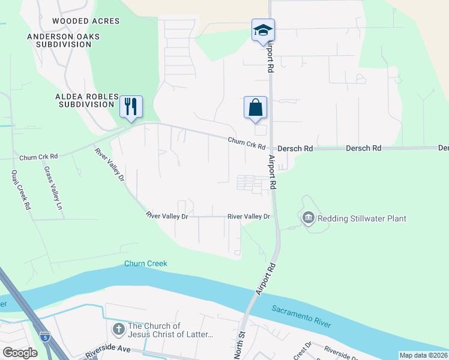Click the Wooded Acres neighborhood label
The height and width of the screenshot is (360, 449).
pyautogui.click(x=86, y=21)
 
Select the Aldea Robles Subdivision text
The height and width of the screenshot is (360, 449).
pyautogui.click(x=85, y=100)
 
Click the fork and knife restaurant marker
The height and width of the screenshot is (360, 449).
pyautogui.click(x=131, y=107)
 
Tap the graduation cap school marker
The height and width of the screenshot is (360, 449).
pyautogui.click(x=263, y=31)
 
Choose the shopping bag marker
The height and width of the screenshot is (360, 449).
pyautogui.click(x=255, y=107)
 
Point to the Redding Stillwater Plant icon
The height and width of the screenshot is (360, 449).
pyautogui.click(x=309, y=218)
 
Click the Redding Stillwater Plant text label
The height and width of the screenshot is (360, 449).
pyautogui.click(x=362, y=218)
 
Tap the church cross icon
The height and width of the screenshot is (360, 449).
pyautogui.click(x=118, y=329)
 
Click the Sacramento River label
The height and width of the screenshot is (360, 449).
pyautogui.click(x=301, y=316)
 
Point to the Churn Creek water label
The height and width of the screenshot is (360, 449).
pyautogui.click(x=145, y=263)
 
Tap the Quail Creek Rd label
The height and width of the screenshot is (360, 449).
pyautogui.click(x=20, y=189)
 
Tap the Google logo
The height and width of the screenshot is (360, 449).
pyautogui.click(x=20, y=352)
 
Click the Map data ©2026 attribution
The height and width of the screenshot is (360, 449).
pyautogui.click(x=423, y=355)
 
